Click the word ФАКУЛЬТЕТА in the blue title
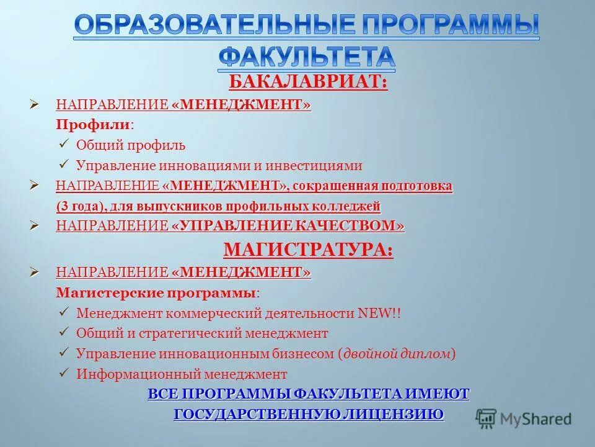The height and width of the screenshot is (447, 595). pos(307,56)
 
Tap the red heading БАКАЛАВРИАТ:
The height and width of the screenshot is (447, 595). pos(309,82)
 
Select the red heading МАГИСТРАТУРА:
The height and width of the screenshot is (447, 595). pos(307,250)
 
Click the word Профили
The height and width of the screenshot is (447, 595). pos(93,124)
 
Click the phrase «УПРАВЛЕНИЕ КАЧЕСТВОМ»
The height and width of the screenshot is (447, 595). pos(288,226)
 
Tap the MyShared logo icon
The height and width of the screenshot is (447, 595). pos(487,418)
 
